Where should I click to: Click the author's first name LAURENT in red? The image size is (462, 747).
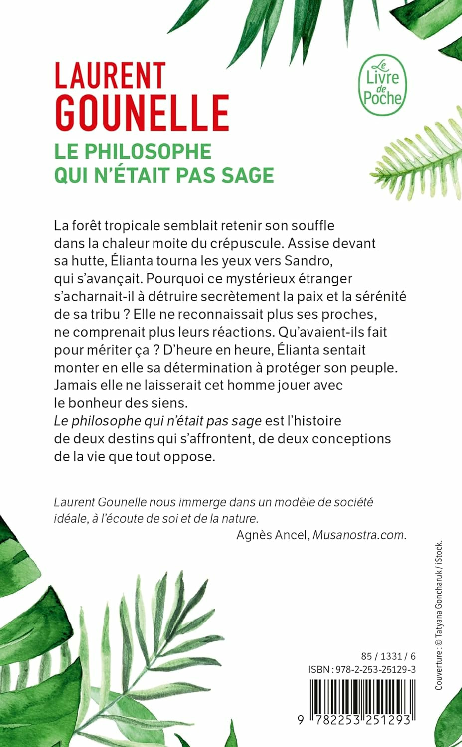(x=110, y=76)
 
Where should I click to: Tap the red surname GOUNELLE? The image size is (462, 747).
(x=142, y=113)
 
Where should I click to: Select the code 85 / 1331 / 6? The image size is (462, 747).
(x=388, y=656)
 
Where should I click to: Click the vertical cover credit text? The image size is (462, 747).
(x=439, y=615)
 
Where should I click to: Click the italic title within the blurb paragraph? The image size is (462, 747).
(x=157, y=421)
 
